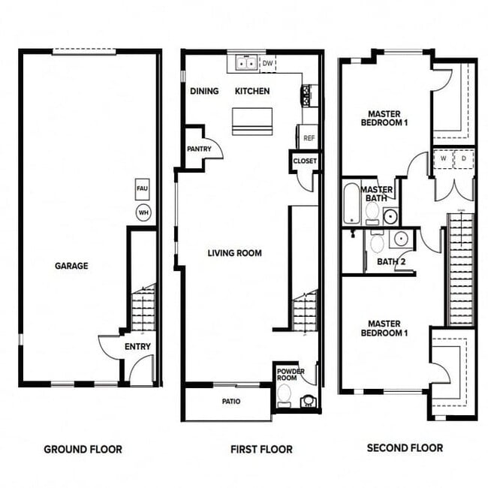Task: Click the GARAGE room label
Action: coord(71,266)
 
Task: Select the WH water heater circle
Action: coord(143,213)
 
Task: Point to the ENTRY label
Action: coord(138,346)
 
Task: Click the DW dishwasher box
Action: coord(267,64)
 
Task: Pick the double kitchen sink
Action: coord(245,64)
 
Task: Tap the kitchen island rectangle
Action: coord(252,121)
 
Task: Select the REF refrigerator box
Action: coord(308,138)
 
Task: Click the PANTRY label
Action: coord(199,149)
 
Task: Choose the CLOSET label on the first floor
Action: coord(305,161)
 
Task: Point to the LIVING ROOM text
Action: coord(234,253)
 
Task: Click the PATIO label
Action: coord(230,402)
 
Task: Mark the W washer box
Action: coord(443,159)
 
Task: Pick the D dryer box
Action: coord(463,159)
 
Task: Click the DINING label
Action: coord(204,91)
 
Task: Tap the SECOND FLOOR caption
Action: coord(405,447)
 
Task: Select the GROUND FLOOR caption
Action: coord(83,449)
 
